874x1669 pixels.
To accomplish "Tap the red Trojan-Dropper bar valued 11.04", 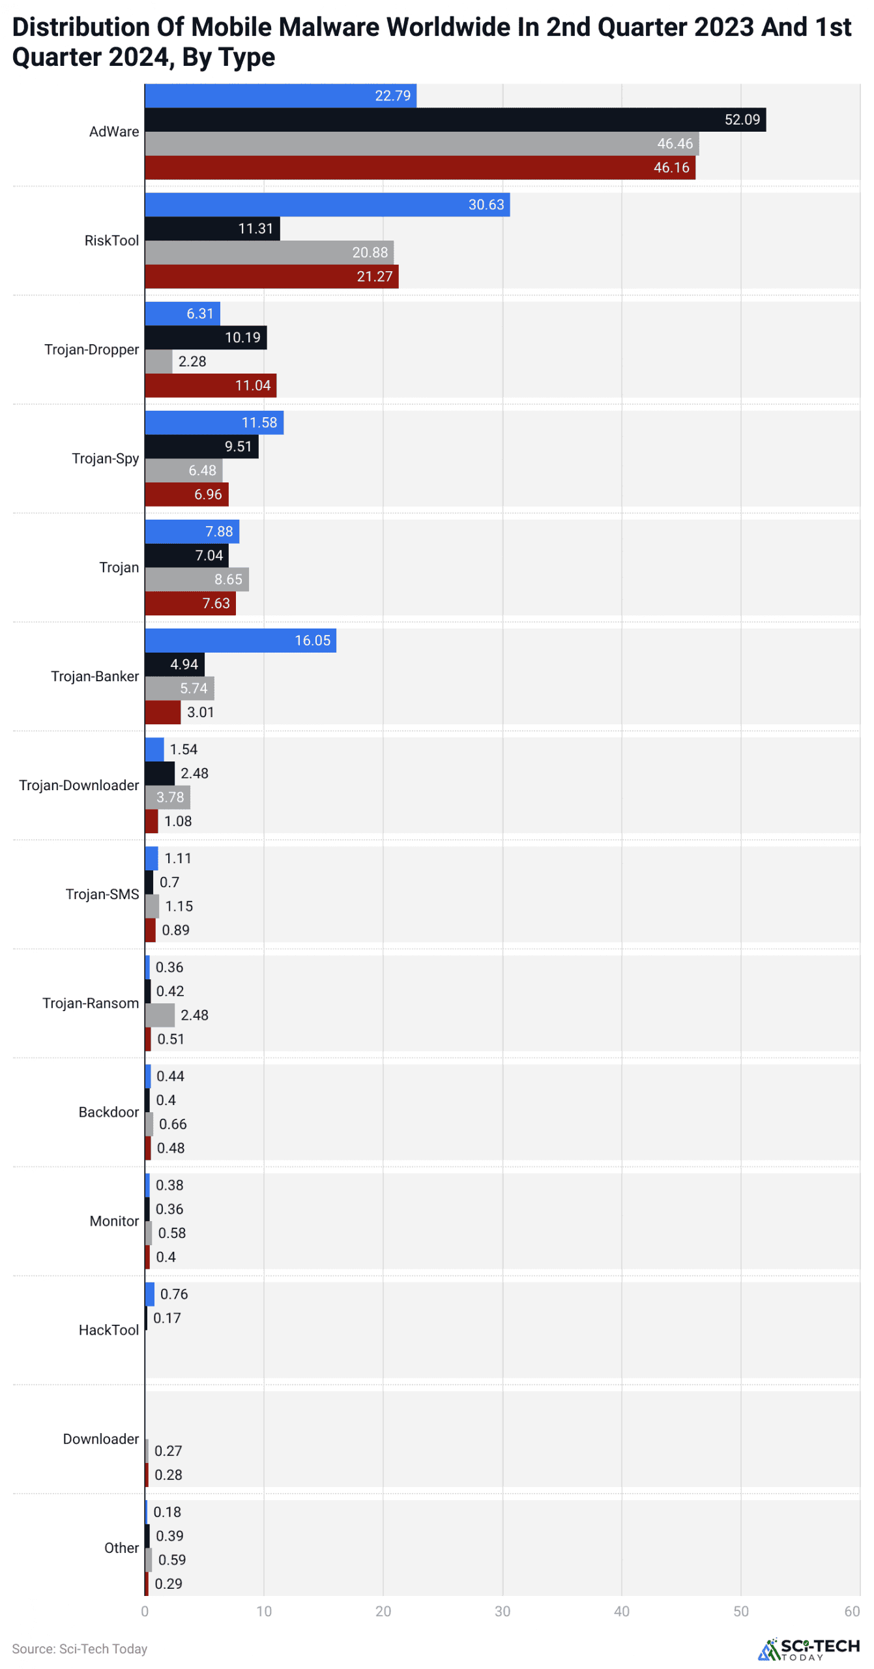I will point(211,385).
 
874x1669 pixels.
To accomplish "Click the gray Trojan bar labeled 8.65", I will point(196,580).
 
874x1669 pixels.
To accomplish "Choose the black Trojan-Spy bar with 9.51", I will point(201,447).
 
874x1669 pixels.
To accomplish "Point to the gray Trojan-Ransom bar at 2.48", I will point(160,1015).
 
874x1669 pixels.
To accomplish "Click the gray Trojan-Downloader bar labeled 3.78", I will point(168,797).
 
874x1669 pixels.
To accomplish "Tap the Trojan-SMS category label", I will point(102,894).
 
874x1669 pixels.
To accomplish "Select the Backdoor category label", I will point(109,1112).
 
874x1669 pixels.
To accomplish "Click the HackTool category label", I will point(109,1330).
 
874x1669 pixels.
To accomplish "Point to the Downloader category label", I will point(101,1439).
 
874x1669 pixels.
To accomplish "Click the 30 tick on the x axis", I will point(503,1612).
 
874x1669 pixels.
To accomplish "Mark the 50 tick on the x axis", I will point(741,1612).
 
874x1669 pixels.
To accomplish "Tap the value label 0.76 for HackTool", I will point(174,1294).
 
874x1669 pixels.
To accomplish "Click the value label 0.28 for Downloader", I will point(168,1475).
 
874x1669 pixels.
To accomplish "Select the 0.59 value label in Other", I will point(172,1559).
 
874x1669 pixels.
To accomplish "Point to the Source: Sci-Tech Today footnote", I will point(80,1649).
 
